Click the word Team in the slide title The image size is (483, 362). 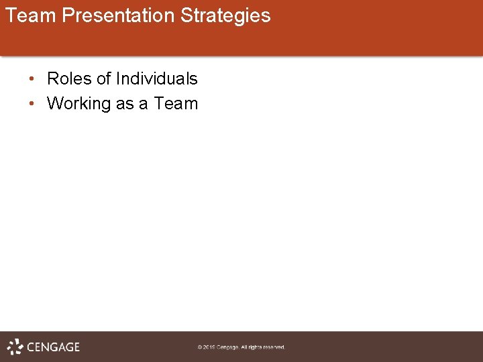tap(31, 15)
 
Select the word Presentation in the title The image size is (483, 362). tap(119, 15)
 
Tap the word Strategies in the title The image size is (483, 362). tap(225, 15)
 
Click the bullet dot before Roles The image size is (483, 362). tap(32, 79)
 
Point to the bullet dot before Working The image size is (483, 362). tap(32, 104)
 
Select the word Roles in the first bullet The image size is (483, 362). tap(69, 79)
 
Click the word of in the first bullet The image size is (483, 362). tap(103, 79)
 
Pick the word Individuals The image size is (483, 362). tap(156, 79)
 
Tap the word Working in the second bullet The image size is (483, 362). tap(78, 104)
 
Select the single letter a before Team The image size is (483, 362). tap(144, 104)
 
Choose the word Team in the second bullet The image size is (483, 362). tap(176, 104)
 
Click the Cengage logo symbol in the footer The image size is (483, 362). tap(15, 347)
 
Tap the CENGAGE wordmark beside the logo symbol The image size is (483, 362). tap(53, 347)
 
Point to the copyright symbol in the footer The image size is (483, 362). tap(200, 347)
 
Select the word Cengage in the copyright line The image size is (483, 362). tap(229, 347)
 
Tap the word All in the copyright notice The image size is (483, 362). tap(246, 347)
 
